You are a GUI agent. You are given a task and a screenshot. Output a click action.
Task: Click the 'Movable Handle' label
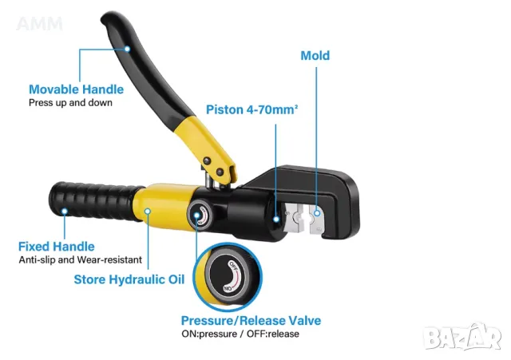point(77,89)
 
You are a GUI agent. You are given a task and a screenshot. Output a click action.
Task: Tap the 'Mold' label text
point(315,55)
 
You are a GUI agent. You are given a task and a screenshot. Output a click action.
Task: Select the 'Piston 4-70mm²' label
point(252,109)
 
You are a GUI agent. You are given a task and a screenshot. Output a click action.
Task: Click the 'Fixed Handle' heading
point(57,247)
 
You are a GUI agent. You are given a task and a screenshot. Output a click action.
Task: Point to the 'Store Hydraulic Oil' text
point(129,279)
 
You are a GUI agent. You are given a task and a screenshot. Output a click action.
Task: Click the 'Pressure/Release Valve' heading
point(251,321)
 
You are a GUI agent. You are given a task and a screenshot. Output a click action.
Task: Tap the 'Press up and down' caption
point(70,103)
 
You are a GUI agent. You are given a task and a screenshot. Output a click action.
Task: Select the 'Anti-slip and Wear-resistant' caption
point(81,259)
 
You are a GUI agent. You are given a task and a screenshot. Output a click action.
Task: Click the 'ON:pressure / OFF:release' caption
point(240,334)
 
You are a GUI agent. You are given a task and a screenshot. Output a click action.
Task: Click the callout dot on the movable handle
point(128,49)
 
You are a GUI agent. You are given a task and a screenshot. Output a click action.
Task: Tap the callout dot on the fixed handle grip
point(65,212)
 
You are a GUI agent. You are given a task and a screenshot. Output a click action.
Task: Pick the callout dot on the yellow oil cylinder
point(148,212)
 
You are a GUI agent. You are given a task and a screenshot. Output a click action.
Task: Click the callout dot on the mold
point(317,213)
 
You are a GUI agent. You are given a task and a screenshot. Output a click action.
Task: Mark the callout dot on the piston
point(276,220)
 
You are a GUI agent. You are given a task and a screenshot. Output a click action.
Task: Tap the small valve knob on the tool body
point(200,215)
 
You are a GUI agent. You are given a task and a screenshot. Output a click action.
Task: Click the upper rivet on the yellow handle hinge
point(207,160)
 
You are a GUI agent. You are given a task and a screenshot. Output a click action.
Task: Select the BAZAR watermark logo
point(463,337)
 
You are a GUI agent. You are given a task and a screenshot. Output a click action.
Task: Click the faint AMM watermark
point(39,24)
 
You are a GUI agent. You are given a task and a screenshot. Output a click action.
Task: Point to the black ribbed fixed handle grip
point(94,201)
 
